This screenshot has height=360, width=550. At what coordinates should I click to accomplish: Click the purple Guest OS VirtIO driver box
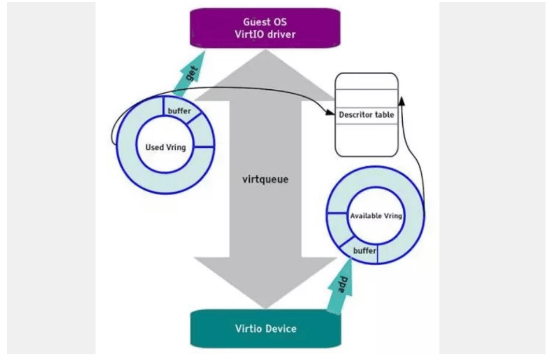click(x=265, y=28)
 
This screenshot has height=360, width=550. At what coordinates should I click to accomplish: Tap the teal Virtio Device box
click(x=265, y=329)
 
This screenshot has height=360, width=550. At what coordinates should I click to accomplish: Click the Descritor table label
click(x=366, y=115)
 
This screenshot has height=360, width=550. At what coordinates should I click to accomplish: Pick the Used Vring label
click(x=166, y=147)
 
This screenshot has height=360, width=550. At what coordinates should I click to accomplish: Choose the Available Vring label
click(x=376, y=216)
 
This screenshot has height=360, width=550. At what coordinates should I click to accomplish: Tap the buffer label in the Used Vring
click(x=179, y=111)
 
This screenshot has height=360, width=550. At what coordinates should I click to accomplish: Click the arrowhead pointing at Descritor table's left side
click(x=331, y=115)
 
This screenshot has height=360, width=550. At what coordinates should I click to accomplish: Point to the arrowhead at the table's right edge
click(x=401, y=99)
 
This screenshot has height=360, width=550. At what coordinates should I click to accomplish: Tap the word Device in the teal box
click(x=281, y=329)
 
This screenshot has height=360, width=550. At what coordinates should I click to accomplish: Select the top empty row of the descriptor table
click(x=366, y=82)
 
